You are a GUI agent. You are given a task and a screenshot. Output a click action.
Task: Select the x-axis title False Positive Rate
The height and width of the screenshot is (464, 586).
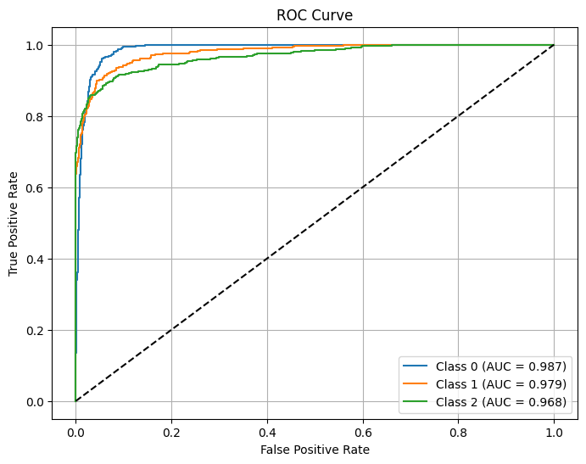[x=315, y=450]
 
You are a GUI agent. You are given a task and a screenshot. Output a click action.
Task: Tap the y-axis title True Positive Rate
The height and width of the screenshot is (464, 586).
[x=14, y=223]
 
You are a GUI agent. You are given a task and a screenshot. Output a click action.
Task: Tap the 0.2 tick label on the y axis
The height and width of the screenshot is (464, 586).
[x=37, y=330]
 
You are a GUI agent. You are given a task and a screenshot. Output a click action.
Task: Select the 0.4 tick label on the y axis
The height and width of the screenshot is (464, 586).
[x=37, y=259]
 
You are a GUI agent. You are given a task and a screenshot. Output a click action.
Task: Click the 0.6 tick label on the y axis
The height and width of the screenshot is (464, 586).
[x=37, y=187]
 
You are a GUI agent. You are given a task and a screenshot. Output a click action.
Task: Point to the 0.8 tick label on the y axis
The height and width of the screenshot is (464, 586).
[x=37, y=116]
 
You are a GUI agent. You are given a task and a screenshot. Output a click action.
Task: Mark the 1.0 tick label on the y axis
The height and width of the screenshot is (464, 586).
[x=37, y=45]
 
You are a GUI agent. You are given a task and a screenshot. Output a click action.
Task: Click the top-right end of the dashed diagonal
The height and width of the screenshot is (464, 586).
[x=554, y=45]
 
